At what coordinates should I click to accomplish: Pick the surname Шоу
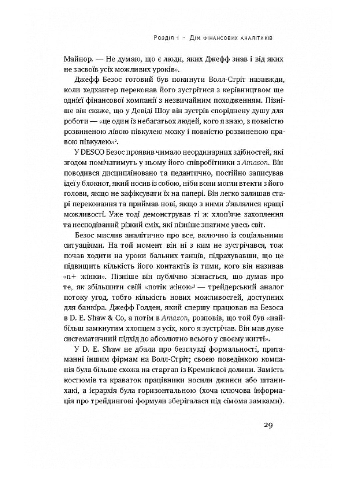166,111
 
